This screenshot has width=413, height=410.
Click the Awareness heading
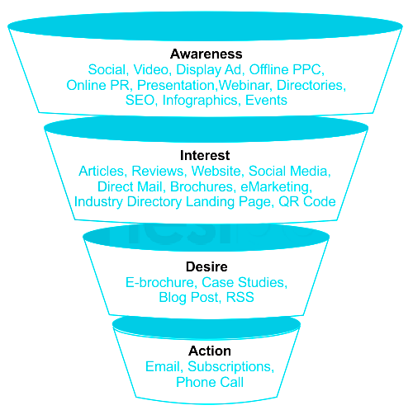(x=206, y=54)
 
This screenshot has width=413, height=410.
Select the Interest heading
(x=205, y=155)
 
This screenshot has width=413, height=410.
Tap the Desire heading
(x=206, y=266)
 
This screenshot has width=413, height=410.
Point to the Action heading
(x=210, y=351)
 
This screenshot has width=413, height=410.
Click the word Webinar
(x=244, y=85)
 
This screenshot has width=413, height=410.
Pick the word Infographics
(x=200, y=101)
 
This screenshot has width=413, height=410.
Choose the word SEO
(x=140, y=100)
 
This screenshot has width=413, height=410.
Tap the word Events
(x=266, y=100)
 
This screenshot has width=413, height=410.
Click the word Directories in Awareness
(x=310, y=85)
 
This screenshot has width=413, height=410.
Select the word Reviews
(x=157, y=171)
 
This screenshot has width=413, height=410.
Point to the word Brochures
(x=202, y=186)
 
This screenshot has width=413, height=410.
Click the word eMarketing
(x=274, y=187)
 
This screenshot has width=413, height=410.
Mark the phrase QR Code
(x=307, y=201)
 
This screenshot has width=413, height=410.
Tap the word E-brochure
(x=159, y=282)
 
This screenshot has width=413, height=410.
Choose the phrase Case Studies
(x=243, y=282)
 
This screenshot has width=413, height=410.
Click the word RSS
(x=240, y=297)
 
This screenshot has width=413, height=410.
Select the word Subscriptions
(x=230, y=367)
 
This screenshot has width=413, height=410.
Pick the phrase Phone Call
(x=210, y=382)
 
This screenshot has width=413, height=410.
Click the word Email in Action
(x=163, y=366)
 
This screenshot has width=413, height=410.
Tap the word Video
(x=150, y=69)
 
